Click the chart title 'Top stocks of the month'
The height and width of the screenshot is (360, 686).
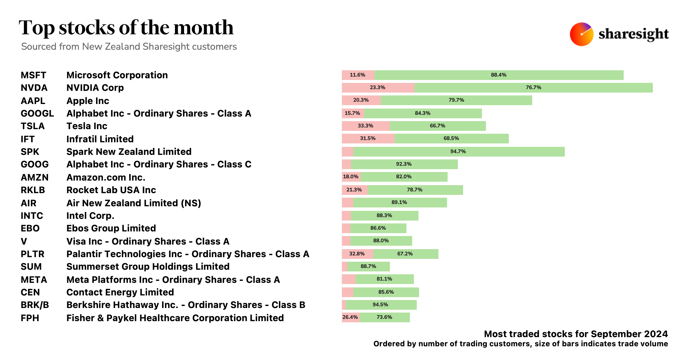click(126, 28)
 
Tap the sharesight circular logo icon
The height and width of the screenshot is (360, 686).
click(581, 34)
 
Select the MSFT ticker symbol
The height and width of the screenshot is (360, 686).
click(33, 75)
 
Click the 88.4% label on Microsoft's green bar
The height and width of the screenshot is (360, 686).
click(498, 75)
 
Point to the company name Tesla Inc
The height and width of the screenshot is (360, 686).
click(87, 126)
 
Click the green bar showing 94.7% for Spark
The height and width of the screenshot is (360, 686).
click(458, 151)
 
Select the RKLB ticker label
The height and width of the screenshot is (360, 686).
click(33, 190)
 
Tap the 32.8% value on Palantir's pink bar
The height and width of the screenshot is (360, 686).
click(357, 254)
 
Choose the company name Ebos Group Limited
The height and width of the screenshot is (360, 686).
click(111, 228)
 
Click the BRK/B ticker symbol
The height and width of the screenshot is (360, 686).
click(35, 305)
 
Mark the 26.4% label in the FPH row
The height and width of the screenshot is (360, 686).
click(350, 317)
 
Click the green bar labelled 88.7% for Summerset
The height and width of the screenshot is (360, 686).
click(368, 266)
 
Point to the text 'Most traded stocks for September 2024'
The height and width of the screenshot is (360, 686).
click(576, 334)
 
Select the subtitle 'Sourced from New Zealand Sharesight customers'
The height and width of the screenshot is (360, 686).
click(129, 47)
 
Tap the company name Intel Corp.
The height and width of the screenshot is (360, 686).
click(90, 216)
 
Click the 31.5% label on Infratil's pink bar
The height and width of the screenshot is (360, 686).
click(368, 138)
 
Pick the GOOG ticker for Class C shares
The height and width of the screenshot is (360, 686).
click(35, 164)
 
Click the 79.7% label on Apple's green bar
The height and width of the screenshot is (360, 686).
click(456, 100)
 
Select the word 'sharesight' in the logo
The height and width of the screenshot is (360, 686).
click(633, 34)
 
